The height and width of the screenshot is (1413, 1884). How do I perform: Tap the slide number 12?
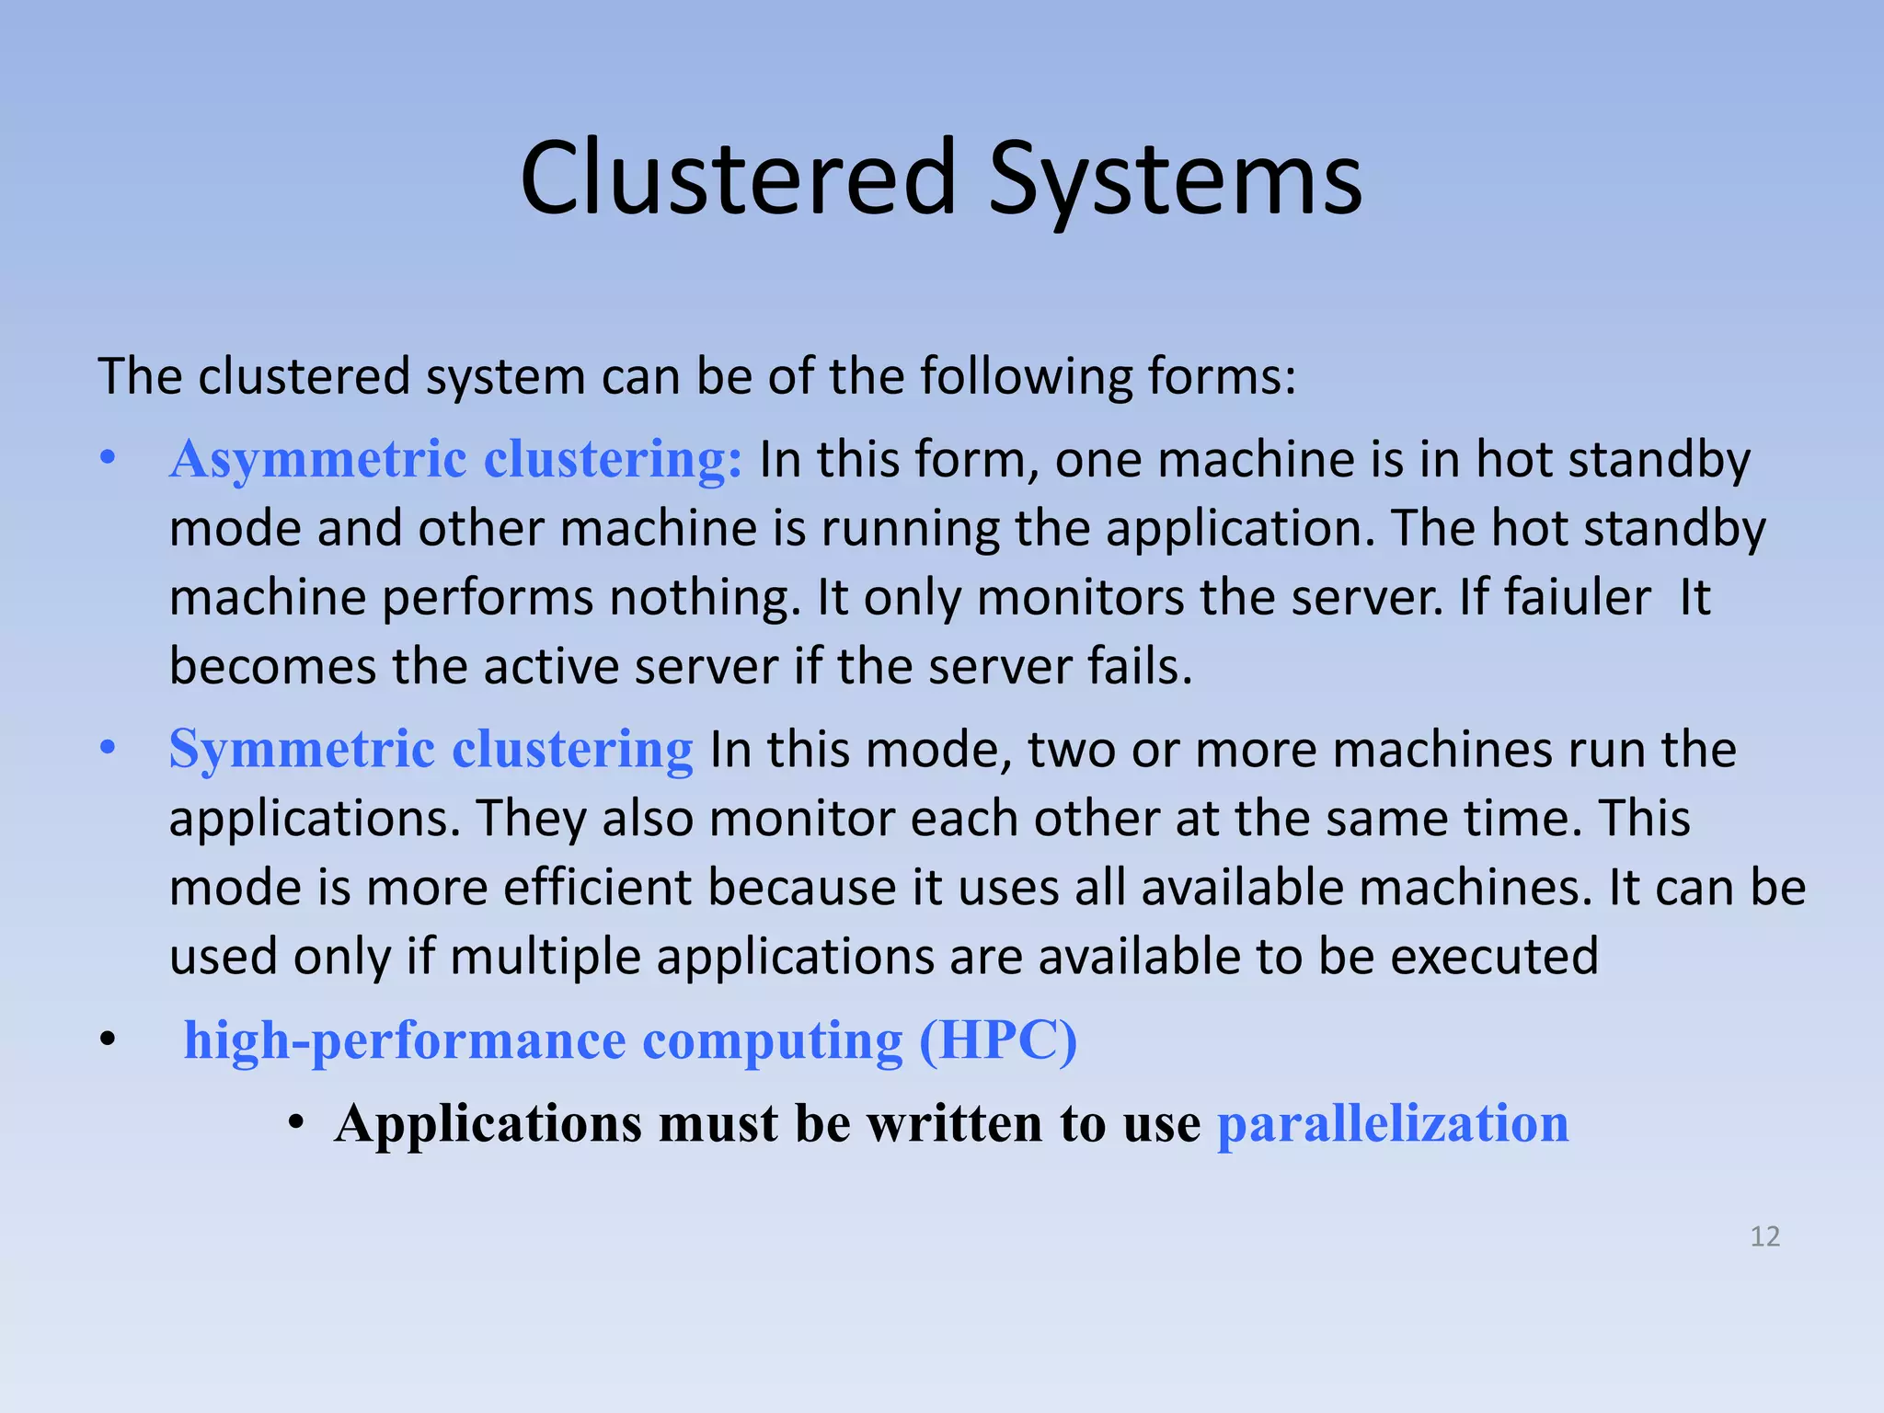point(1764,1236)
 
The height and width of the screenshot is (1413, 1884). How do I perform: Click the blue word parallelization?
point(1393,1124)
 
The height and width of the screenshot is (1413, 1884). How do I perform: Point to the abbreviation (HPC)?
point(998,1041)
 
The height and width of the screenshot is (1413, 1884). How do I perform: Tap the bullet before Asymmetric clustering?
point(109,457)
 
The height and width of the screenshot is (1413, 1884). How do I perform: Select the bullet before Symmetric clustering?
point(109,747)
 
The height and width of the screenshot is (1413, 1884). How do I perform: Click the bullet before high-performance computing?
point(109,1040)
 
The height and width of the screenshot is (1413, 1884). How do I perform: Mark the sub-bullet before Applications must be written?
point(295,1123)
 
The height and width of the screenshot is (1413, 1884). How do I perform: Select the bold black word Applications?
point(488,1124)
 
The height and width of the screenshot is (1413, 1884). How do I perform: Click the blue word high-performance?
point(405,1041)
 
